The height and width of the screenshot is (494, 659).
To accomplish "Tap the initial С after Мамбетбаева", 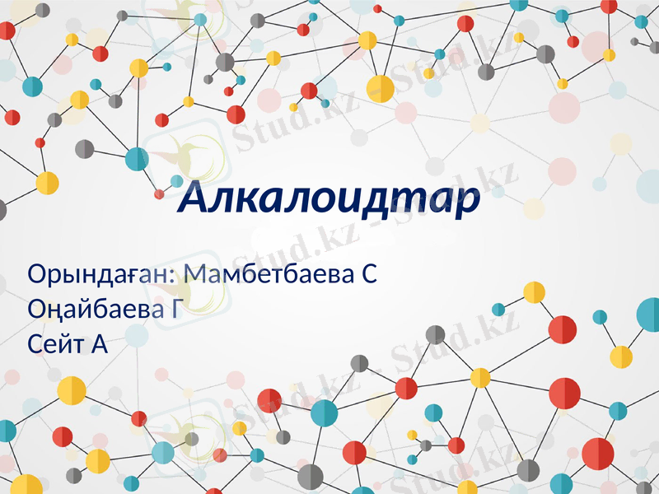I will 370,273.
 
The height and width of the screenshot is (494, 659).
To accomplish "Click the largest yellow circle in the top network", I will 381,88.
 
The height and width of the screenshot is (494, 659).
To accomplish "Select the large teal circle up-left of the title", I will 135,158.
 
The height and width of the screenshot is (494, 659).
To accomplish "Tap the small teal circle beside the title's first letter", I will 177,181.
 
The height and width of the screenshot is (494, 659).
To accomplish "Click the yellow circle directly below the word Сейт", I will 72,390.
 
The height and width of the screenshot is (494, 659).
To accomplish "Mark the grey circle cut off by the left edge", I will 2,210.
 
